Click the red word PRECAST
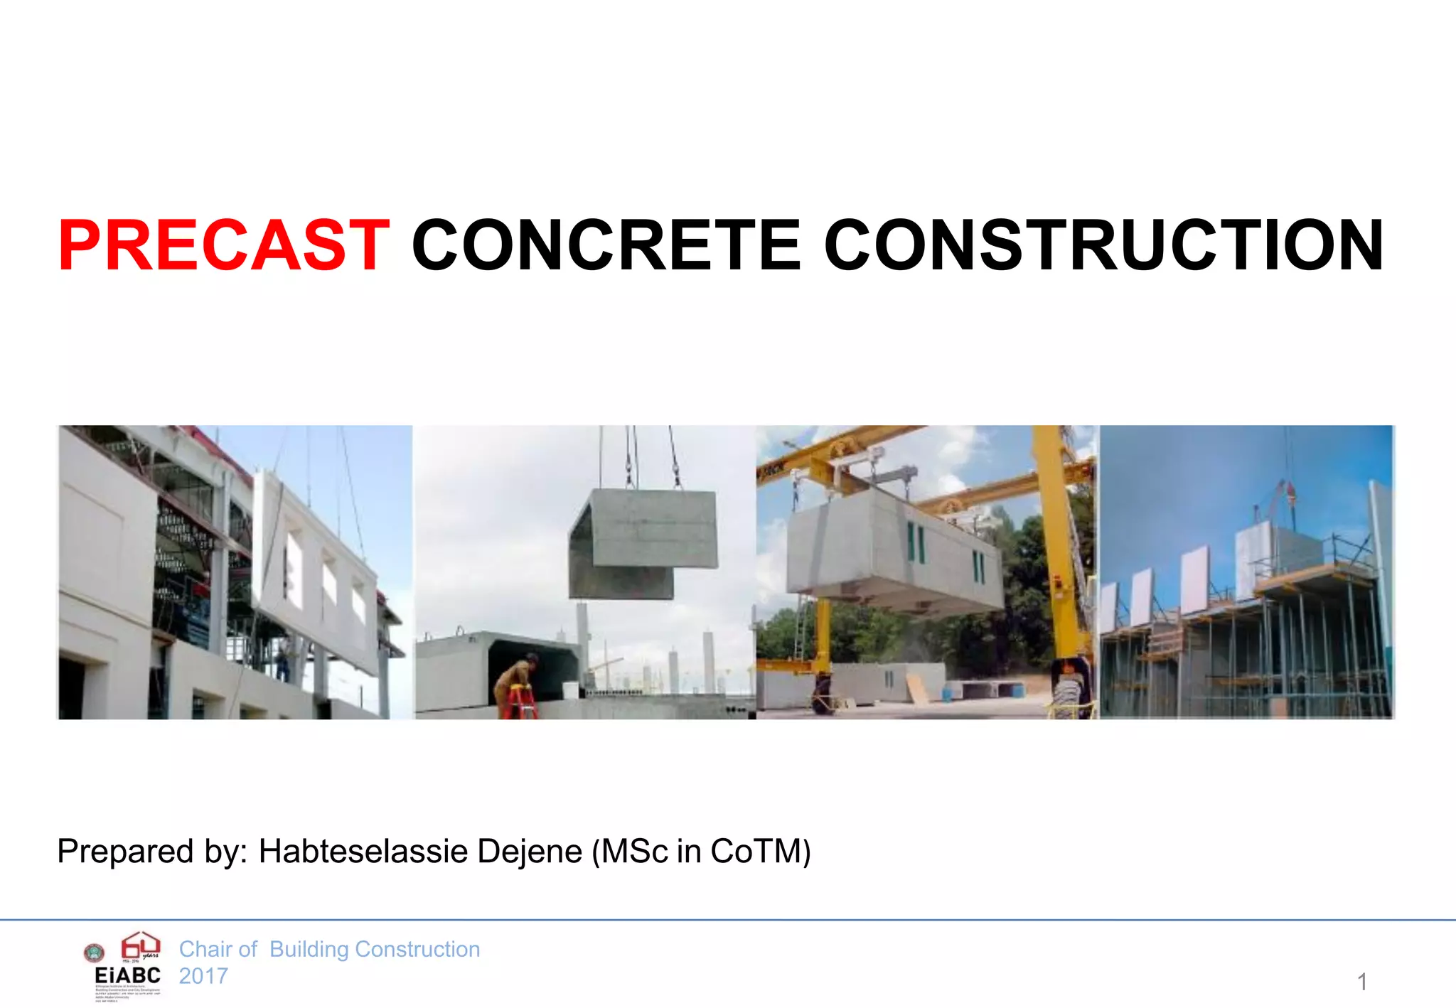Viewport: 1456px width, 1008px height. (x=223, y=245)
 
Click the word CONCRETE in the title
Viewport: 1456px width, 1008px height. (x=606, y=245)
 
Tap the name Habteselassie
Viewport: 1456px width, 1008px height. (x=363, y=851)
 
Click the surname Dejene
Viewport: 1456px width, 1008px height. (x=530, y=851)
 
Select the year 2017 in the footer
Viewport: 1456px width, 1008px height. (x=203, y=976)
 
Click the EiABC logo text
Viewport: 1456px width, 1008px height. (x=127, y=975)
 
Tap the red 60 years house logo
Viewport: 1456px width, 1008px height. (x=140, y=946)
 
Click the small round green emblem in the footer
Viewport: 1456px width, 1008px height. (x=94, y=953)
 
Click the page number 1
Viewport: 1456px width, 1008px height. (x=1361, y=982)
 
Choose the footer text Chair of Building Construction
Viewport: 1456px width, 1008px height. (x=329, y=949)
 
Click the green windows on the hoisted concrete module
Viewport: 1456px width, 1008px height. (x=916, y=544)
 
